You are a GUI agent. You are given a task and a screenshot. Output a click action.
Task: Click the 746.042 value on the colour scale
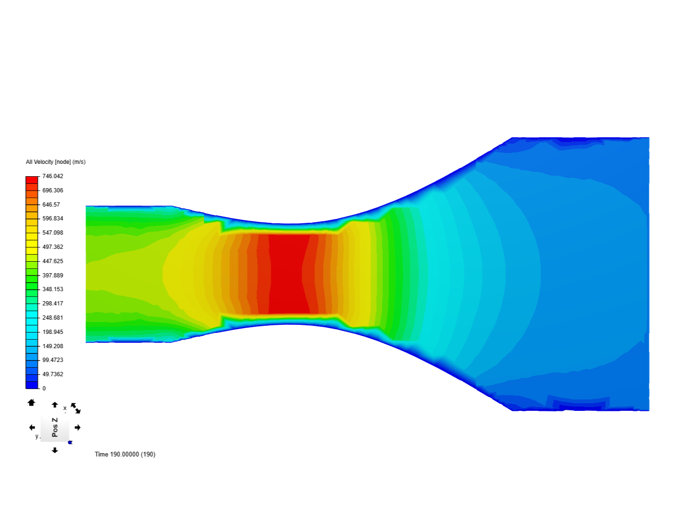pos(53,176)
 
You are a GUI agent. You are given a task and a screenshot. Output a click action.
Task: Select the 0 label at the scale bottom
pos(44,389)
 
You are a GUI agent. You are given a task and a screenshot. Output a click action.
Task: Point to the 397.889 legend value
pos(53,275)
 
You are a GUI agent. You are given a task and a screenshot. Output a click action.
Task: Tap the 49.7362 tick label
pos(53,374)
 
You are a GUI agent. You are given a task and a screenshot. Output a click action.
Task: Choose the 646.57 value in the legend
pos(51,205)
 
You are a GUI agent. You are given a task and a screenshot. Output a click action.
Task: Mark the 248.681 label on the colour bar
pos(53,318)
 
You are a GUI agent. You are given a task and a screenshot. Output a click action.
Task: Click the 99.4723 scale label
pos(53,360)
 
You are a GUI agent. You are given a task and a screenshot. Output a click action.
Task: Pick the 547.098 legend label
pos(53,233)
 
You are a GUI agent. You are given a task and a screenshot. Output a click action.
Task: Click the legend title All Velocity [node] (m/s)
pos(56,162)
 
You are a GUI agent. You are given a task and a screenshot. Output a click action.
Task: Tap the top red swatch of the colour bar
pos(32,180)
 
